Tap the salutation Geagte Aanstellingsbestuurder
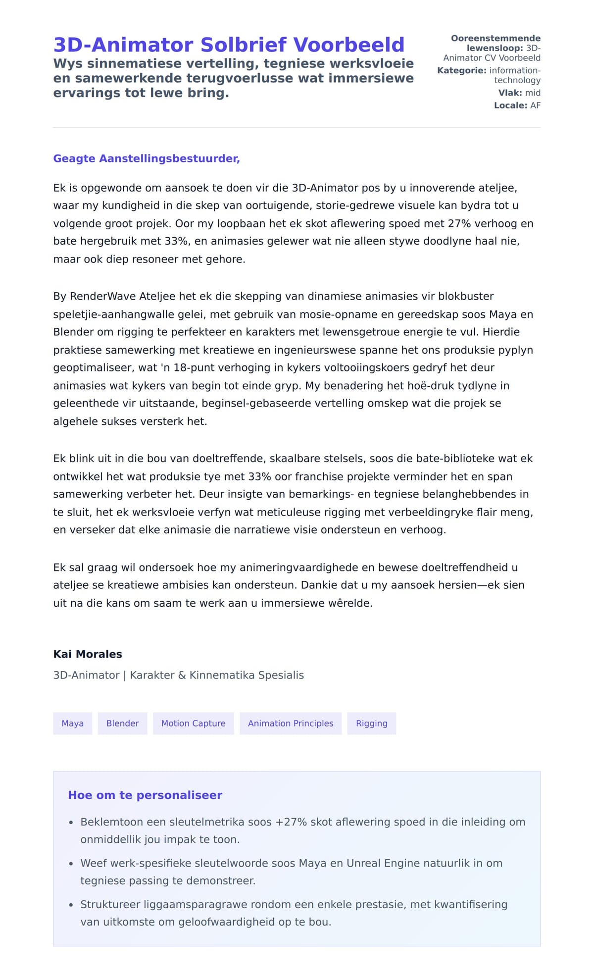point(146,158)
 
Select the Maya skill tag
point(72,723)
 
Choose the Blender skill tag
point(122,723)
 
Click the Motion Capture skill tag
point(193,723)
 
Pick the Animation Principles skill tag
point(291,723)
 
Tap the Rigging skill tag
point(371,723)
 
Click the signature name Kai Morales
point(88,654)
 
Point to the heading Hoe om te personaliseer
point(145,795)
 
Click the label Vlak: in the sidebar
point(510,93)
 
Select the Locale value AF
point(535,105)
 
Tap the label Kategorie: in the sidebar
point(461,71)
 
